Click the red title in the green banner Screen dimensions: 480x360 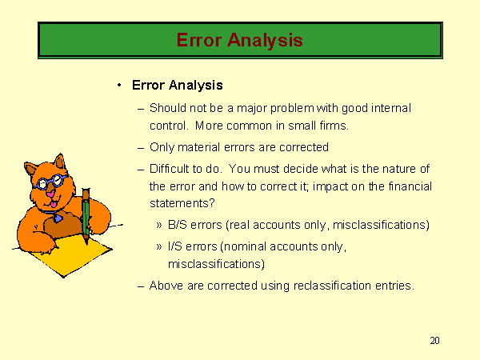coord(240,41)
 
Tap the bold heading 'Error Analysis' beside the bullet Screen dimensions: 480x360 coord(178,86)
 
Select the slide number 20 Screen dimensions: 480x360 coord(434,341)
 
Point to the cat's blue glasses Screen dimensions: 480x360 coord(49,182)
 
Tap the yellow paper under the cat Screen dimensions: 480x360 coord(70,256)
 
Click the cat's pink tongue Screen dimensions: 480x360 coord(54,204)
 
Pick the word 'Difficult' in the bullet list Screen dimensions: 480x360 coord(172,169)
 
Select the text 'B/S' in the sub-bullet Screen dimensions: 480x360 coord(178,225)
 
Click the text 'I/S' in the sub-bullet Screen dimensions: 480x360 coord(174,246)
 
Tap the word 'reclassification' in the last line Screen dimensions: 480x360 coord(332,286)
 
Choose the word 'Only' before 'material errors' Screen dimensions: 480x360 coord(162,147)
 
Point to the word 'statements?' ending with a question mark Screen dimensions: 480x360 coord(182,203)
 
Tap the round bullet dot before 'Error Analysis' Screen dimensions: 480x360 coord(119,86)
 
